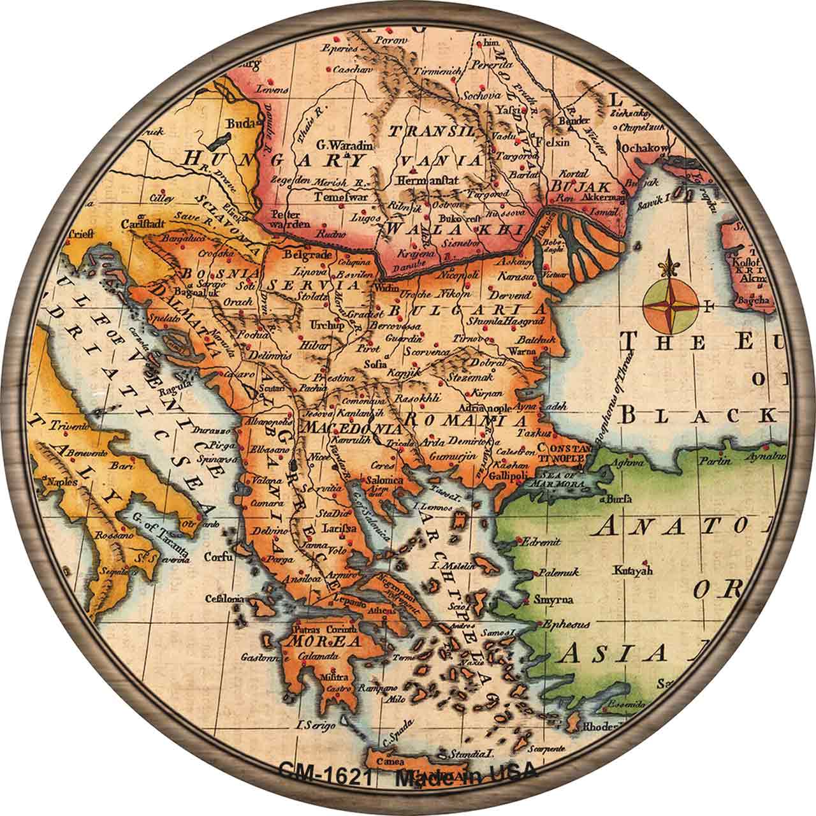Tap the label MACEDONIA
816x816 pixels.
coord(344,426)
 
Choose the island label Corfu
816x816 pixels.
coord(217,557)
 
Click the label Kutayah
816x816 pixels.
coord(632,571)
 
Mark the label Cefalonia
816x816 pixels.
coord(224,599)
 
